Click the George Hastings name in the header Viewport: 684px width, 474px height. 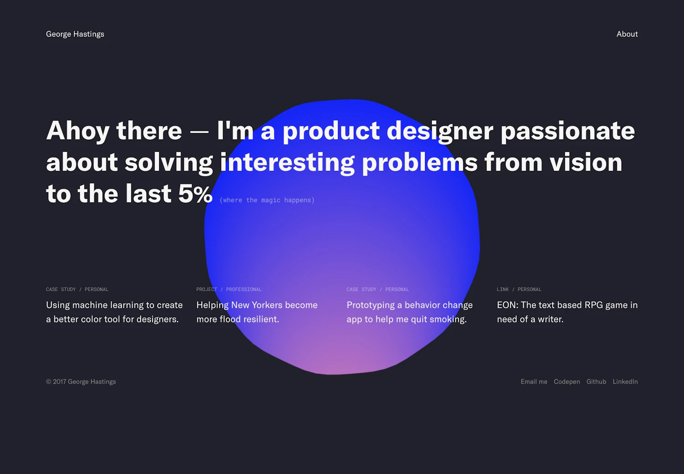coord(75,34)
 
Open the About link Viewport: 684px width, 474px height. coord(627,34)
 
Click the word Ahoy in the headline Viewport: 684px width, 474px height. coord(78,131)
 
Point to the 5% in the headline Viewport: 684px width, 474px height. coord(195,194)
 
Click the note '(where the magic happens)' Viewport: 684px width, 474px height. coord(267,200)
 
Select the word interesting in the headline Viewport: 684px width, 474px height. coord(287,163)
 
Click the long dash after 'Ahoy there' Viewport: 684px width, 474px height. coord(199,132)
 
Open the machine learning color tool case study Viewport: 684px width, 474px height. coord(114,312)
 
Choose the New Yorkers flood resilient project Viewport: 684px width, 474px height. coord(257,312)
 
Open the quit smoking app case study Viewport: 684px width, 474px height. coord(409,312)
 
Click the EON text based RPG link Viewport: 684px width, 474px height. coord(567,312)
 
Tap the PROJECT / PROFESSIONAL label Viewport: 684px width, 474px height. coord(229,289)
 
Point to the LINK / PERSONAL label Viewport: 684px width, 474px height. coord(519,289)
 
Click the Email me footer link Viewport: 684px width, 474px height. coord(534,381)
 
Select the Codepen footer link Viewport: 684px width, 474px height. coord(567,382)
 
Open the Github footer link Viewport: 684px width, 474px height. coord(596,381)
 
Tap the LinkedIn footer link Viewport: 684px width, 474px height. coord(625,381)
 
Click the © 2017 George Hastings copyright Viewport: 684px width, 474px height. coord(81,382)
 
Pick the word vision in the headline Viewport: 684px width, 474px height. coord(586,162)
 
